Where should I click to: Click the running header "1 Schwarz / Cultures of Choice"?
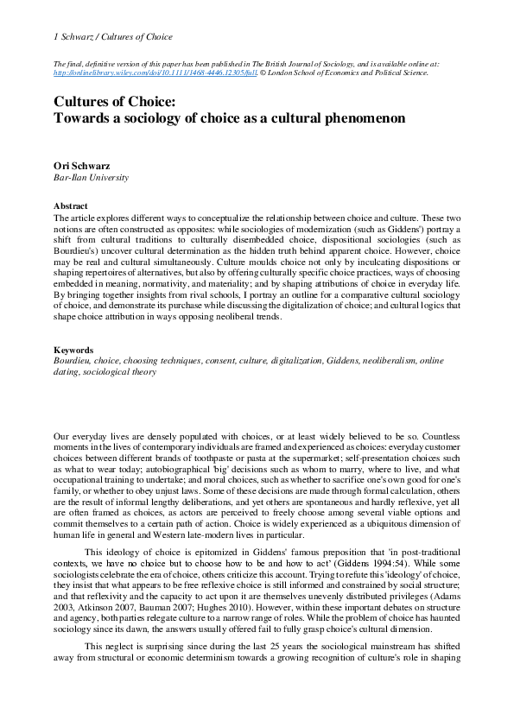tap(113, 37)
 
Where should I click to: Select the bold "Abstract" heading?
tap(70, 206)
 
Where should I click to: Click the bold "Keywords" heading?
tap(73, 351)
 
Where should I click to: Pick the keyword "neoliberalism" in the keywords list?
tap(378, 362)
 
